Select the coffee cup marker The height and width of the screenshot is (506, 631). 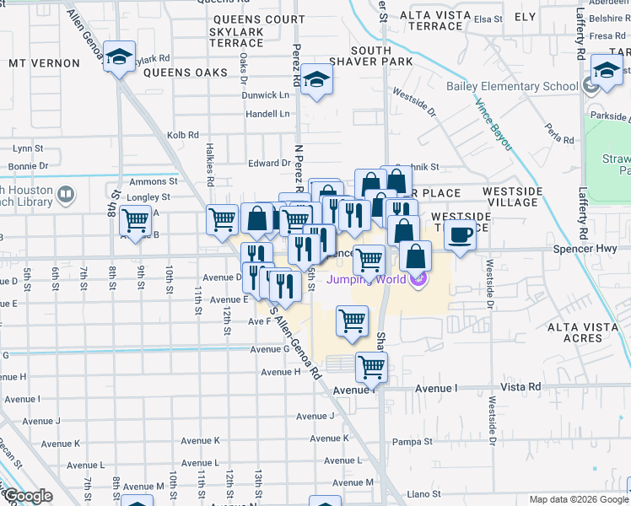[x=460, y=234]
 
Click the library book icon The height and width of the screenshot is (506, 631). [x=65, y=196]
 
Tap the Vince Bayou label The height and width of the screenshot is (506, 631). [x=493, y=125]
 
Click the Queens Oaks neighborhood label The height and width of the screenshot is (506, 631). [x=186, y=73]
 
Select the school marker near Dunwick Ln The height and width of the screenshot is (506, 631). [x=317, y=80]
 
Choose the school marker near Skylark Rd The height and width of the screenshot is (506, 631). [x=119, y=57]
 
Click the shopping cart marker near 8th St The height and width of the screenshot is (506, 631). [x=135, y=221]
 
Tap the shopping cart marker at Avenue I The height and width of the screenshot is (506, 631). [x=371, y=367]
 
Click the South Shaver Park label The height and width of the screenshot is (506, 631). [x=370, y=56]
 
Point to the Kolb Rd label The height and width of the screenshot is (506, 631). [x=182, y=134]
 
